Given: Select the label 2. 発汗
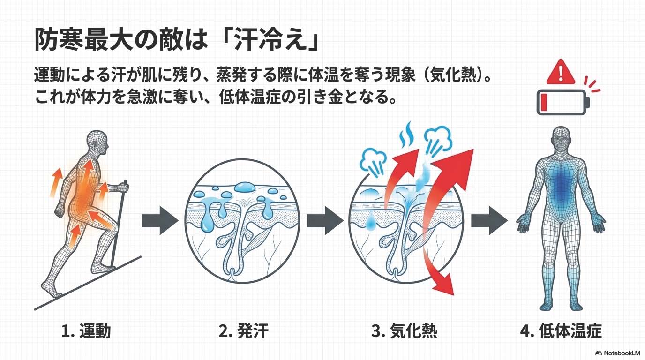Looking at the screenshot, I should [243, 331].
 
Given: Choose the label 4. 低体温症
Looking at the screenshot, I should [561, 331].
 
